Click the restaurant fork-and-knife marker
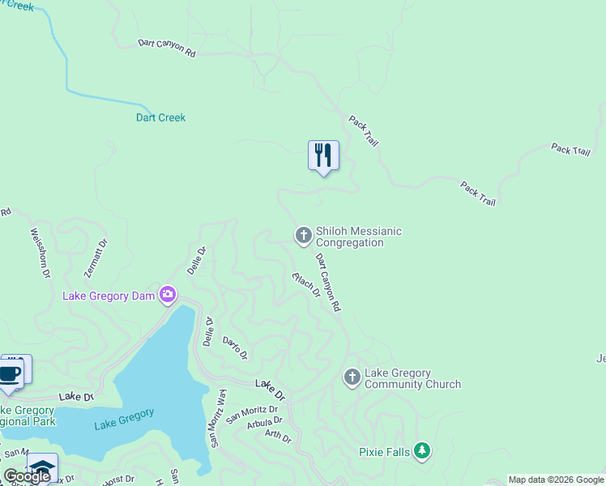click(323, 154)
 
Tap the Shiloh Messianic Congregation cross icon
click(303, 236)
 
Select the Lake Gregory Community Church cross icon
click(352, 377)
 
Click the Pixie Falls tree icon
click(421, 451)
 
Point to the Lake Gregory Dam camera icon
click(168, 295)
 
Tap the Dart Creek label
click(160, 118)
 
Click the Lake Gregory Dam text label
click(109, 296)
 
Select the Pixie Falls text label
click(385, 452)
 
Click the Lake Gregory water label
click(124, 419)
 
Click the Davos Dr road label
click(234, 348)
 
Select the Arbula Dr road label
click(264, 421)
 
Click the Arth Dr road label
click(278, 436)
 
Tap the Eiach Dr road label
click(306, 283)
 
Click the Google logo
click(27, 476)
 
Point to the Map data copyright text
click(556, 480)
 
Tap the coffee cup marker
click(10, 373)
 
